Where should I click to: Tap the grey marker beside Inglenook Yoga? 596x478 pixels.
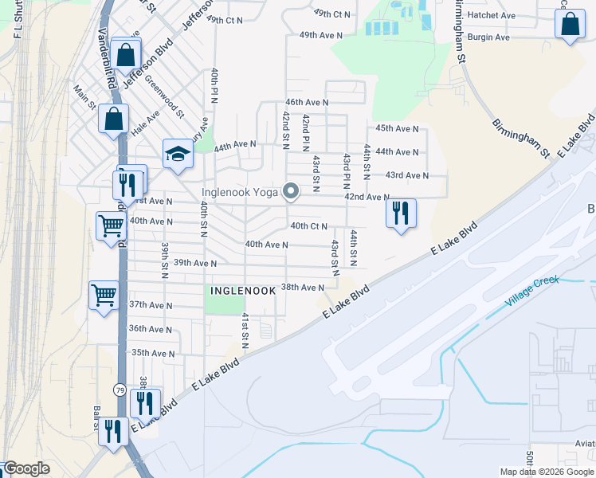point(292,191)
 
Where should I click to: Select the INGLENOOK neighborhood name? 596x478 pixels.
point(242,291)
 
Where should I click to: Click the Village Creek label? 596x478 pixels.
point(533,292)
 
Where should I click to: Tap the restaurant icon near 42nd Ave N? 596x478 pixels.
point(401,213)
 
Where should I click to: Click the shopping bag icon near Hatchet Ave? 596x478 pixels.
point(571,25)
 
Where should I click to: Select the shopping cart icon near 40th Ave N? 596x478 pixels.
point(111,225)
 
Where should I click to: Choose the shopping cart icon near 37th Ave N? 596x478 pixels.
point(104,296)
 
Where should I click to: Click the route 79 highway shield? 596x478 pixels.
point(120,390)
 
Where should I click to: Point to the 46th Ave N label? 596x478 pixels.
point(308,103)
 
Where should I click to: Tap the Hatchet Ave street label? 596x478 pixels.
point(492,15)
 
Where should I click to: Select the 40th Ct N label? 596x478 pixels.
point(310,226)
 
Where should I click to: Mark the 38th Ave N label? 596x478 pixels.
point(303,287)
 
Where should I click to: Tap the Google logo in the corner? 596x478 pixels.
point(26,468)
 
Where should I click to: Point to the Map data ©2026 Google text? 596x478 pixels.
point(546,472)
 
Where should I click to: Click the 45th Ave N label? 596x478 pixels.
point(397,128)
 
